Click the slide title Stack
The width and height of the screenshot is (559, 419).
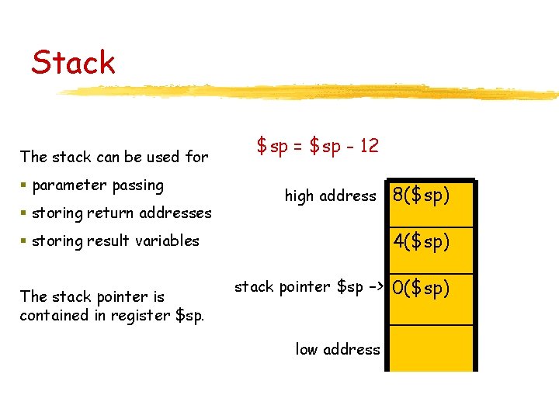(x=73, y=62)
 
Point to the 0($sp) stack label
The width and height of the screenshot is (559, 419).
(x=421, y=288)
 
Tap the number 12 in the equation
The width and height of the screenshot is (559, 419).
(x=369, y=145)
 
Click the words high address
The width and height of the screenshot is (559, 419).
(x=330, y=196)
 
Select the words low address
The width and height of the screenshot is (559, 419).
(x=338, y=349)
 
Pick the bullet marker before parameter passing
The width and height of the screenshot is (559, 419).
(x=25, y=185)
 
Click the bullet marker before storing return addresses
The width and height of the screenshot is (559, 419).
(x=25, y=213)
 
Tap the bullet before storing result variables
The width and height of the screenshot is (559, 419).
(x=25, y=241)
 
